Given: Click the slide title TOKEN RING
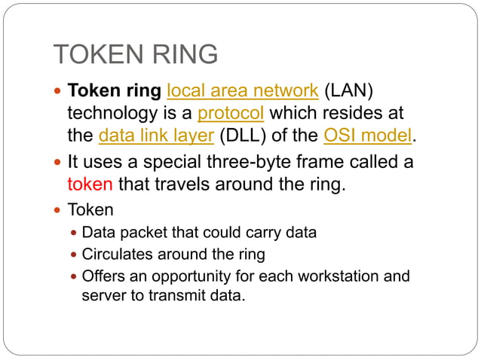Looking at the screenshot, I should [136, 55].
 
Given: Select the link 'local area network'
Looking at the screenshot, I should [242, 91].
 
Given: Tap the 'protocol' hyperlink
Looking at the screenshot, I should [230, 114].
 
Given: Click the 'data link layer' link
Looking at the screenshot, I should [156, 136].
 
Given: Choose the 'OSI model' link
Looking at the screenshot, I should [368, 136].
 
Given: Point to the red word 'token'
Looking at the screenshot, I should [90, 184].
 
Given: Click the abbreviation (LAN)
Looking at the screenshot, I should [349, 91].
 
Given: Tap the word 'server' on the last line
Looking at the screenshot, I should [101, 295].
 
